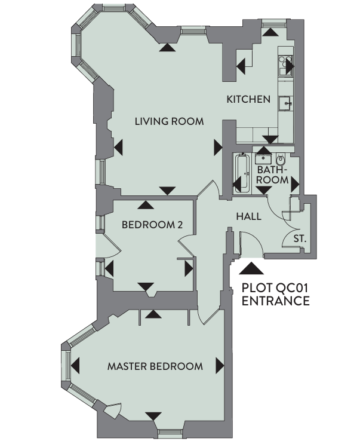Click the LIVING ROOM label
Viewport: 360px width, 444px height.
pyautogui.click(x=169, y=121)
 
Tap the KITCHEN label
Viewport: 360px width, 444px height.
pyautogui.click(x=248, y=99)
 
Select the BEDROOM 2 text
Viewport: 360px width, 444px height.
pyautogui.click(x=152, y=225)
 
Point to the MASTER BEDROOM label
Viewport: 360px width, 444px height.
pyautogui.click(x=155, y=366)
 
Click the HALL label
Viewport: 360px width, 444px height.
pyautogui.click(x=248, y=216)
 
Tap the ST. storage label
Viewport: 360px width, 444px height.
pyautogui.click(x=300, y=238)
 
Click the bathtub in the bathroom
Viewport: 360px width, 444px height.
pyautogui.click(x=241, y=173)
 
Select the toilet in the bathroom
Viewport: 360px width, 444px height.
pyautogui.click(x=280, y=160)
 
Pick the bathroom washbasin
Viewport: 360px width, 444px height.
pyautogui.click(x=263, y=158)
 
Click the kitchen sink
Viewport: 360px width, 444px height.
pyautogui.click(x=285, y=103)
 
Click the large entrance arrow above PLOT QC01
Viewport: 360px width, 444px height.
pyautogui.click(x=251, y=268)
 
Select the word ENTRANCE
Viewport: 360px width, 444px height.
pyautogui.click(x=276, y=301)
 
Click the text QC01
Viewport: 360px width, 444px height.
pyautogui.click(x=292, y=288)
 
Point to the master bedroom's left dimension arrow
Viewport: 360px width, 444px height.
pyautogui.click(x=75, y=366)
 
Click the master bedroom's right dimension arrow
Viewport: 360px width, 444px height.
pyautogui.click(x=220, y=366)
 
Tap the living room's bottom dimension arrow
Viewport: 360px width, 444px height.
pyautogui.click(x=167, y=191)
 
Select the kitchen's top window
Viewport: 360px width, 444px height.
pyautogui.click(x=273, y=23)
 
